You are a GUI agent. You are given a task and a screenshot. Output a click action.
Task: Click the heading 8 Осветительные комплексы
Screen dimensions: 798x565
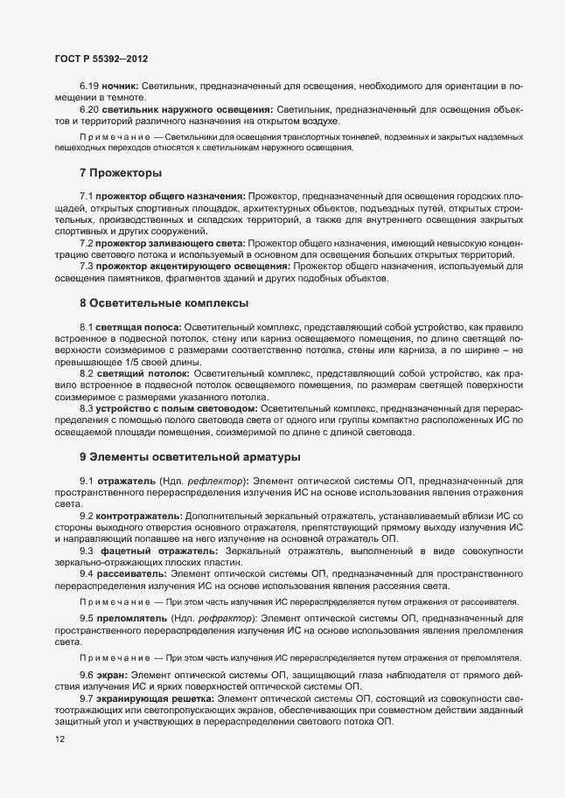point(164,302)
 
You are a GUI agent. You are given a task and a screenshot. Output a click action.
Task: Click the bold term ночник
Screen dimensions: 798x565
point(118,88)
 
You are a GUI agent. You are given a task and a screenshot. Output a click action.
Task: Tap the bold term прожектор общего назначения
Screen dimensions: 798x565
point(171,198)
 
